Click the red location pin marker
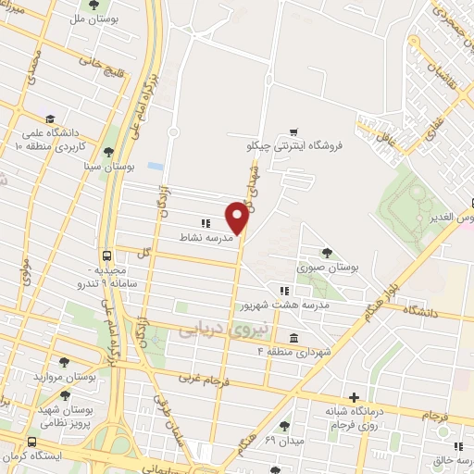(x=238, y=217)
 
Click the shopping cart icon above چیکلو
(x=293, y=131)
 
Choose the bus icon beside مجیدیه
(x=107, y=256)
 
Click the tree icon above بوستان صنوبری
(x=325, y=252)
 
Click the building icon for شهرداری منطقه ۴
(x=293, y=337)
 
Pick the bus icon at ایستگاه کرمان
(x=33, y=443)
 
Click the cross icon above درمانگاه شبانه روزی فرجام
(x=353, y=396)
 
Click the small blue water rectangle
(x=156, y=166)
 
